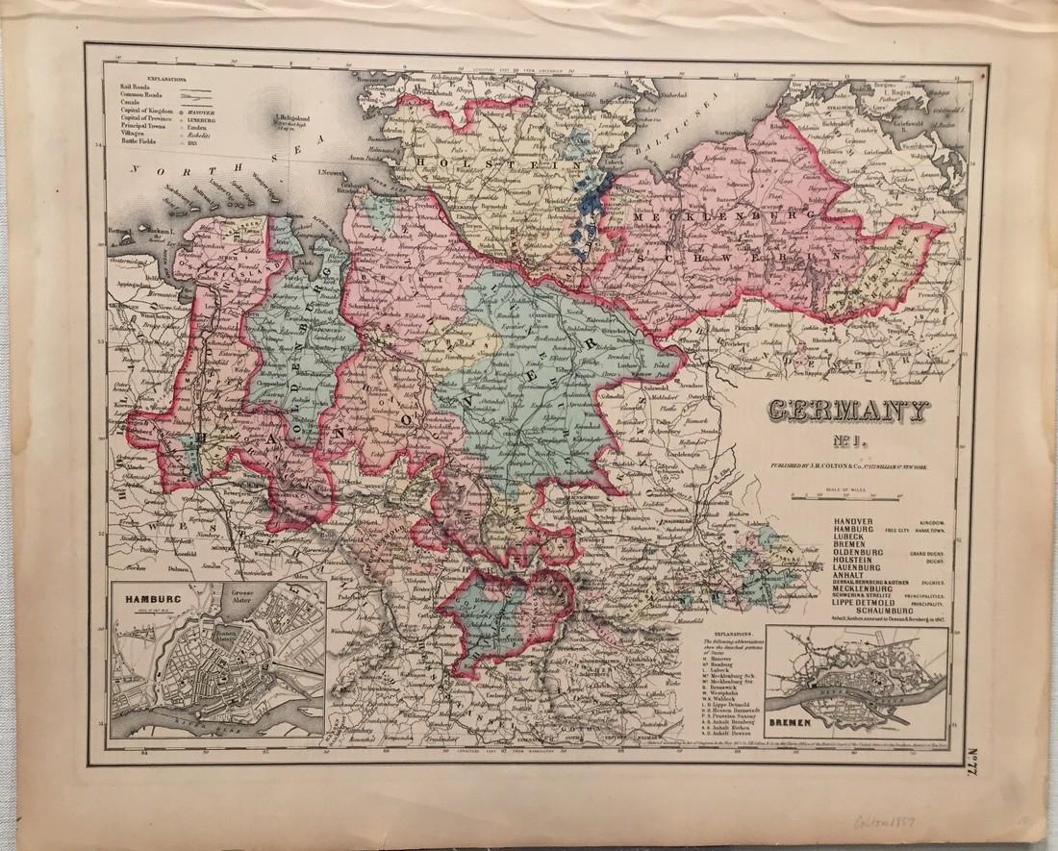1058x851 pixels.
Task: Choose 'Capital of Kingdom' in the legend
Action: coord(141,113)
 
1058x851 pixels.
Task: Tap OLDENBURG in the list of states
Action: coord(857,555)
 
